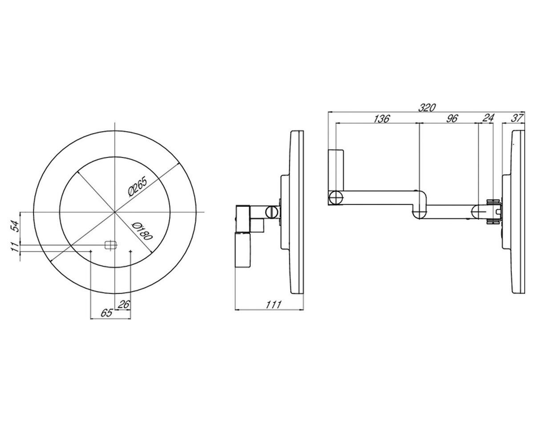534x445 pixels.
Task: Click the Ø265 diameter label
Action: [x=138, y=186]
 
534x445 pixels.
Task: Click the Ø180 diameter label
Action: [x=142, y=231]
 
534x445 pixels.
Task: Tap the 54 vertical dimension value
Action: [x=16, y=226]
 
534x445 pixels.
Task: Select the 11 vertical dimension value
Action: [x=15, y=247]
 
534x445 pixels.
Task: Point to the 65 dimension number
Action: [x=107, y=313]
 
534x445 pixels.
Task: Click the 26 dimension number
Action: [x=124, y=304]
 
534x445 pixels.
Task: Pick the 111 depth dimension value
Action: [x=273, y=304]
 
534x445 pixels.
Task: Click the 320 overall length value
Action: [x=427, y=108]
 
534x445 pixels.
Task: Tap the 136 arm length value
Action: [x=381, y=119]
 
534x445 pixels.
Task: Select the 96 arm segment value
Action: [x=452, y=119]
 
